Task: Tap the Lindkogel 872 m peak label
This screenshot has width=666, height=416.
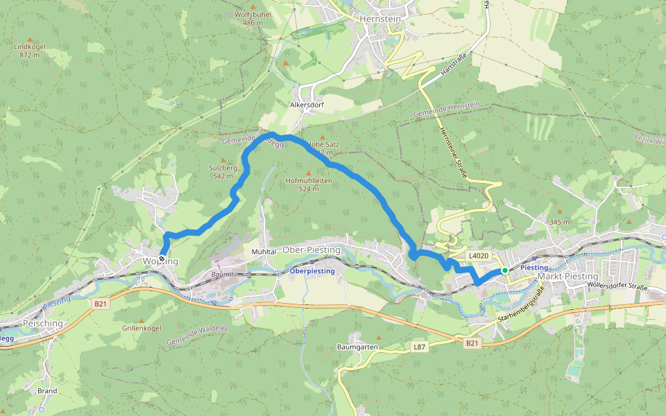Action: pyautogui.click(x=29, y=51)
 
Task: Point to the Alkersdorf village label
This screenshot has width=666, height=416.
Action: pyautogui.click(x=307, y=106)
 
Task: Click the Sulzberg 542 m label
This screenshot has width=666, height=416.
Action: pyautogui.click(x=223, y=171)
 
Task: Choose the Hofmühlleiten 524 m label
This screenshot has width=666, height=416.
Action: pyautogui.click(x=309, y=184)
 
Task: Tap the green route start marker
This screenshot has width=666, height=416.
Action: pyautogui.click(x=505, y=270)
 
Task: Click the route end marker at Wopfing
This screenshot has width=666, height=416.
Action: pyautogui.click(x=162, y=259)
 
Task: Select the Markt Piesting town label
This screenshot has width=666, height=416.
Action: pyautogui.click(x=568, y=277)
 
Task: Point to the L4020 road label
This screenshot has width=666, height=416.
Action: pyautogui.click(x=478, y=256)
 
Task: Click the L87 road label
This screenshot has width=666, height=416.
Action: pyautogui.click(x=418, y=345)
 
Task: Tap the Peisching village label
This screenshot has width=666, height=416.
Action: pyautogui.click(x=43, y=323)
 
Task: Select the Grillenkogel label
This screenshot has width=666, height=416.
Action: pyautogui.click(x=141, y=327)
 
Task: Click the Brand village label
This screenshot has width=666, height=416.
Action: pyautogui.click(x=47, y=391)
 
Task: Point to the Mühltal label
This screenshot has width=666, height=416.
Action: pyautogui.click(x=264, y=252)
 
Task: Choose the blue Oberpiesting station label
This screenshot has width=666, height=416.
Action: pyautogui.click(x=312, y=271)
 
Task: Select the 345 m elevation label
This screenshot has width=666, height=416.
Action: pyautogui.click(x=559, y=222)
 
